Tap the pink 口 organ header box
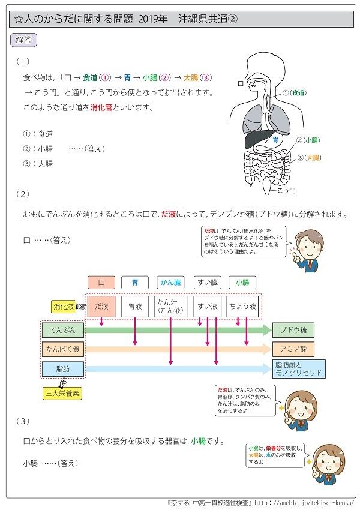pyautogui.click(x=101, y=282)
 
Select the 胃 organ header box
pyautogui.click(x=135, y=282)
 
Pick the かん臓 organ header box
pyautogui.click(x=171, y=282)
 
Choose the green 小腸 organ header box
pyautogui.click(x=242, y=282)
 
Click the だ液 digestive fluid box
pyautogui.click(x=101, y=306)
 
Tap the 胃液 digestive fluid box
pyautogui.click(x=135, y=306)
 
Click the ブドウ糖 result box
pyautogui.click(x=293, y=329)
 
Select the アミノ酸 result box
pyautogui.click(x=293, y=348)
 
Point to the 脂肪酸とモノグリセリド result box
pyautogui.click(x=298, y=368)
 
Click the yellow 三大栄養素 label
pyautogui.click(x=63, y=394)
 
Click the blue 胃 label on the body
pyautogui.click(x=275, y=139)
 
